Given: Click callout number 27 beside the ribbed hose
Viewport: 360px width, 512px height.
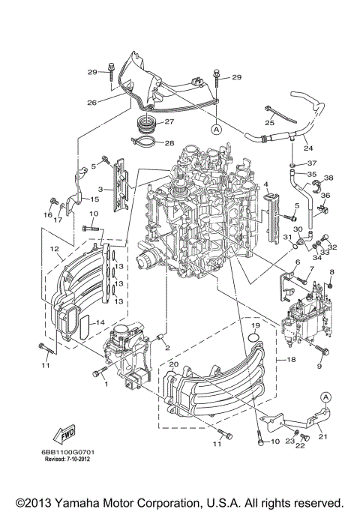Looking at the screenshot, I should pyautogui.click(x=169, y=121).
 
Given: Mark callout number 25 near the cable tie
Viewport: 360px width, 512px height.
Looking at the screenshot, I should pyautogui.click(x=269, y=122).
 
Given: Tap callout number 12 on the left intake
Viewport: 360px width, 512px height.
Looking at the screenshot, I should pyautogui.click(x=54, y=248).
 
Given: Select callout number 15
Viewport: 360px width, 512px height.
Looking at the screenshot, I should pyautogui.click(x=94, y=200).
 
